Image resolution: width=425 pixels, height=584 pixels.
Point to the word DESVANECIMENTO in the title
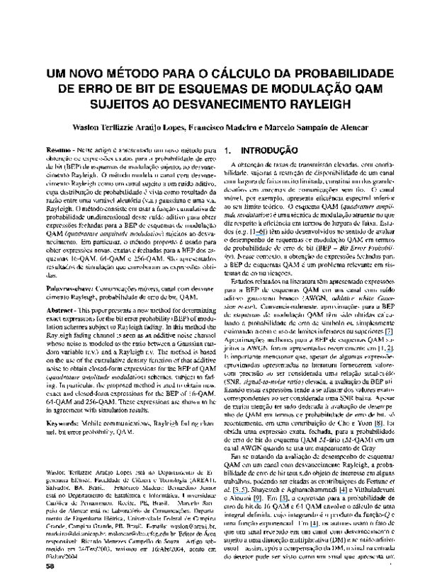coord(212,103)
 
